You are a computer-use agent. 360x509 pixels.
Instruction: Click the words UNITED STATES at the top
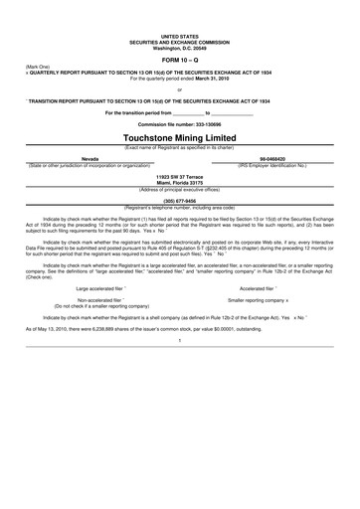tap(180, 34)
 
